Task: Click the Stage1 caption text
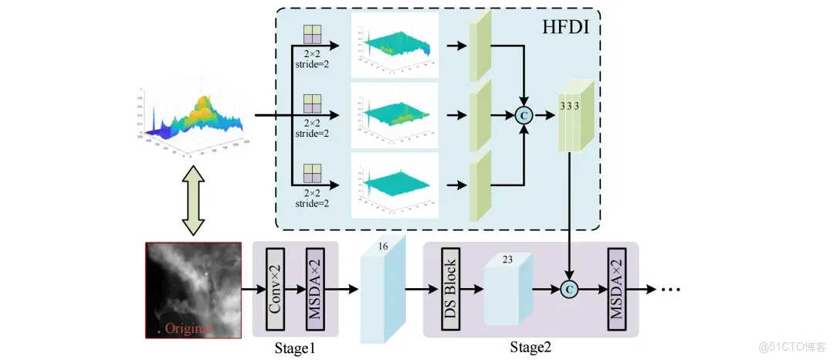point(294,348)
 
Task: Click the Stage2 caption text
point(531,348)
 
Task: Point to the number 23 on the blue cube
point(507,261)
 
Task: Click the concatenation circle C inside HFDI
point(525,117)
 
